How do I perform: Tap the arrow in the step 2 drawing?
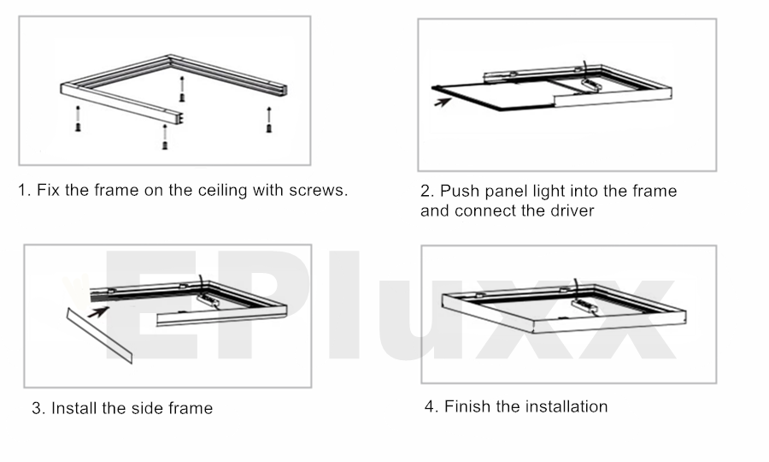pos(443,102)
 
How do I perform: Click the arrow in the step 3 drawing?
pos(98,311)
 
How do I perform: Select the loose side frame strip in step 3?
pos(100,336)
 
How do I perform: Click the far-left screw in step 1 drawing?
pos(78,119)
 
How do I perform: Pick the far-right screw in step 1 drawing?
pos(269,120)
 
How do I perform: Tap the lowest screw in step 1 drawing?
pos(165,137)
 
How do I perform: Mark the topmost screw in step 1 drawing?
pos(182,89)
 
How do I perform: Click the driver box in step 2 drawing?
pos(591,85)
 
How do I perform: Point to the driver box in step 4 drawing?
pos(584,307)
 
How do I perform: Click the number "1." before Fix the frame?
pos(25,190)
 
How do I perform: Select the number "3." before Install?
pos(38,408)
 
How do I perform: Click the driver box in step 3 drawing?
pos(209,300)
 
